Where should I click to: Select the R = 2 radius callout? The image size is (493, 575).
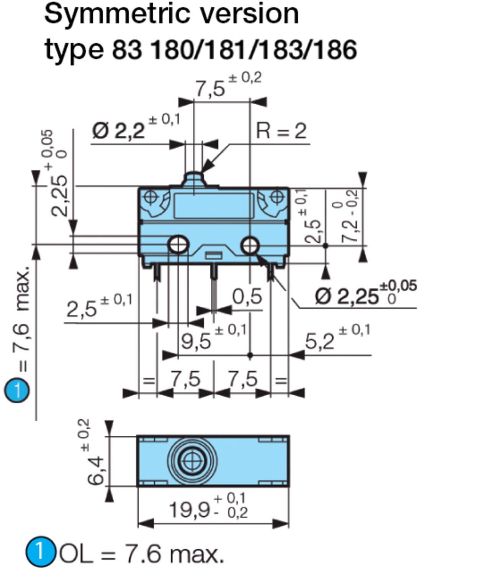point(281,131)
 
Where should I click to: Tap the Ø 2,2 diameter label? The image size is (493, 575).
point(119,131)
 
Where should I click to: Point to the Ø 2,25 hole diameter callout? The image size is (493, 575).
point(347,296)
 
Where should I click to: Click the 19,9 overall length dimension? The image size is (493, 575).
point(190,510)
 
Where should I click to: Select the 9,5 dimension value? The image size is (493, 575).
point(196,341)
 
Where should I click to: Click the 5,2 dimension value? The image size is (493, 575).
point(319,341)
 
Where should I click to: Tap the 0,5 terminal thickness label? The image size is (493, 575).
point(247,297)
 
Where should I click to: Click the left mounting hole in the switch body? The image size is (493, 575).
point(179,244)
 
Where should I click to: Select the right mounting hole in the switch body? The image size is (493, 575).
point(250,245)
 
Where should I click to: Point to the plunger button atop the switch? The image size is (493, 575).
point(194,179)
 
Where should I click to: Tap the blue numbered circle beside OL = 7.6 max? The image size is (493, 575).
point(40,552)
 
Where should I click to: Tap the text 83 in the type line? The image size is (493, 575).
point(126,50)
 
